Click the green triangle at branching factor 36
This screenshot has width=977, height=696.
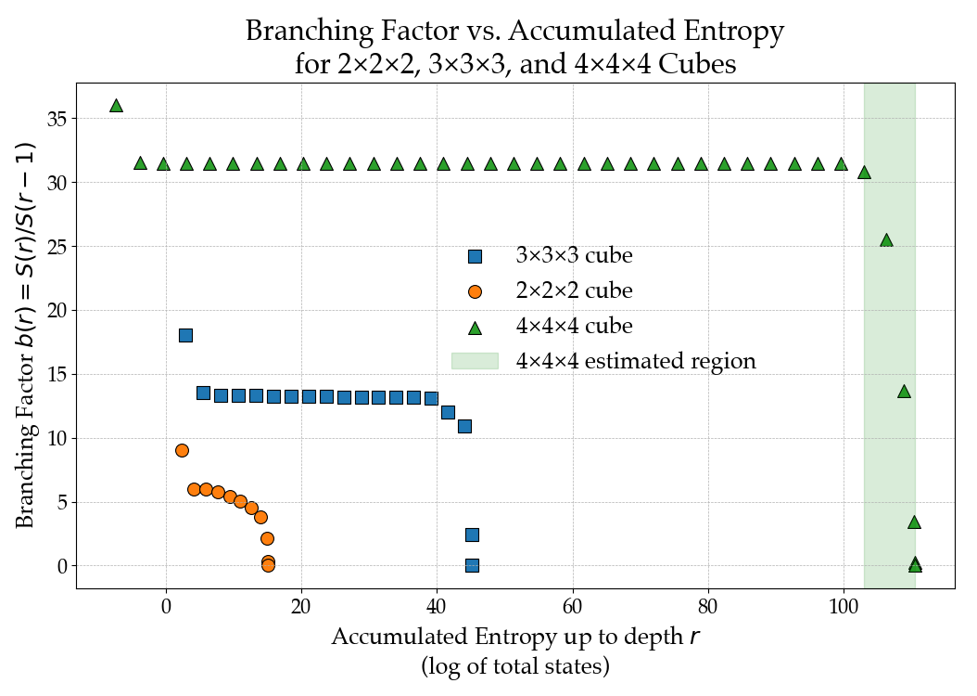pos(116,106)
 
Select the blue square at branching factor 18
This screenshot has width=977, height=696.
pos(185,335)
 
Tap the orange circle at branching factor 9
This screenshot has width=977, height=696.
pos(182,450)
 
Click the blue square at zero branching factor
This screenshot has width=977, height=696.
pos(472,565)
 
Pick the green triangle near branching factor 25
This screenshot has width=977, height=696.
pos(886,240)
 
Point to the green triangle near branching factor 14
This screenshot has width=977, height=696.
pos(904,391)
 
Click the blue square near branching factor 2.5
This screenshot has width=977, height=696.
pos(472,535)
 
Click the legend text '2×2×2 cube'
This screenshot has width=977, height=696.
pos(574,290)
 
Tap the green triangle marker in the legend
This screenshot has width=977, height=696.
pos(475,327)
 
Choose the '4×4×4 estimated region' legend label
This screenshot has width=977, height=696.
pos(636,361)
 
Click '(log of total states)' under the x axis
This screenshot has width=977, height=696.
pos(515,666)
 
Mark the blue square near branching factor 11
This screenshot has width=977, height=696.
pos(464,426)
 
